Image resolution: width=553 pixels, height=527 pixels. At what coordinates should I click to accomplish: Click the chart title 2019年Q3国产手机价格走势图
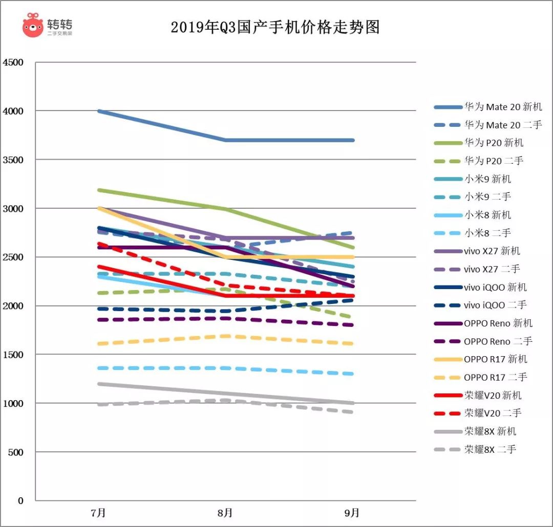click(275, 27)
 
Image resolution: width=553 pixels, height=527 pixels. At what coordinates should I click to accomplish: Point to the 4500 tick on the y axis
click(13, 62)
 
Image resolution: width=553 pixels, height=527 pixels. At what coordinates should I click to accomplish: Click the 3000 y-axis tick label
click(13, 208)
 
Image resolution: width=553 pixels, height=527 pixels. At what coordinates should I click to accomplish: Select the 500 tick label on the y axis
click(16, 452)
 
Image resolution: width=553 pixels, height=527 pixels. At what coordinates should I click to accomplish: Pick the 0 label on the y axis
click(21, 500)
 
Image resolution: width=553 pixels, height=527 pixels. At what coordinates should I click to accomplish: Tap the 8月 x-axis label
click(225, 512)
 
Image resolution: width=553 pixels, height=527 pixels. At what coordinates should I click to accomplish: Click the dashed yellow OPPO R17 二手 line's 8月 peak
click(225, 336)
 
